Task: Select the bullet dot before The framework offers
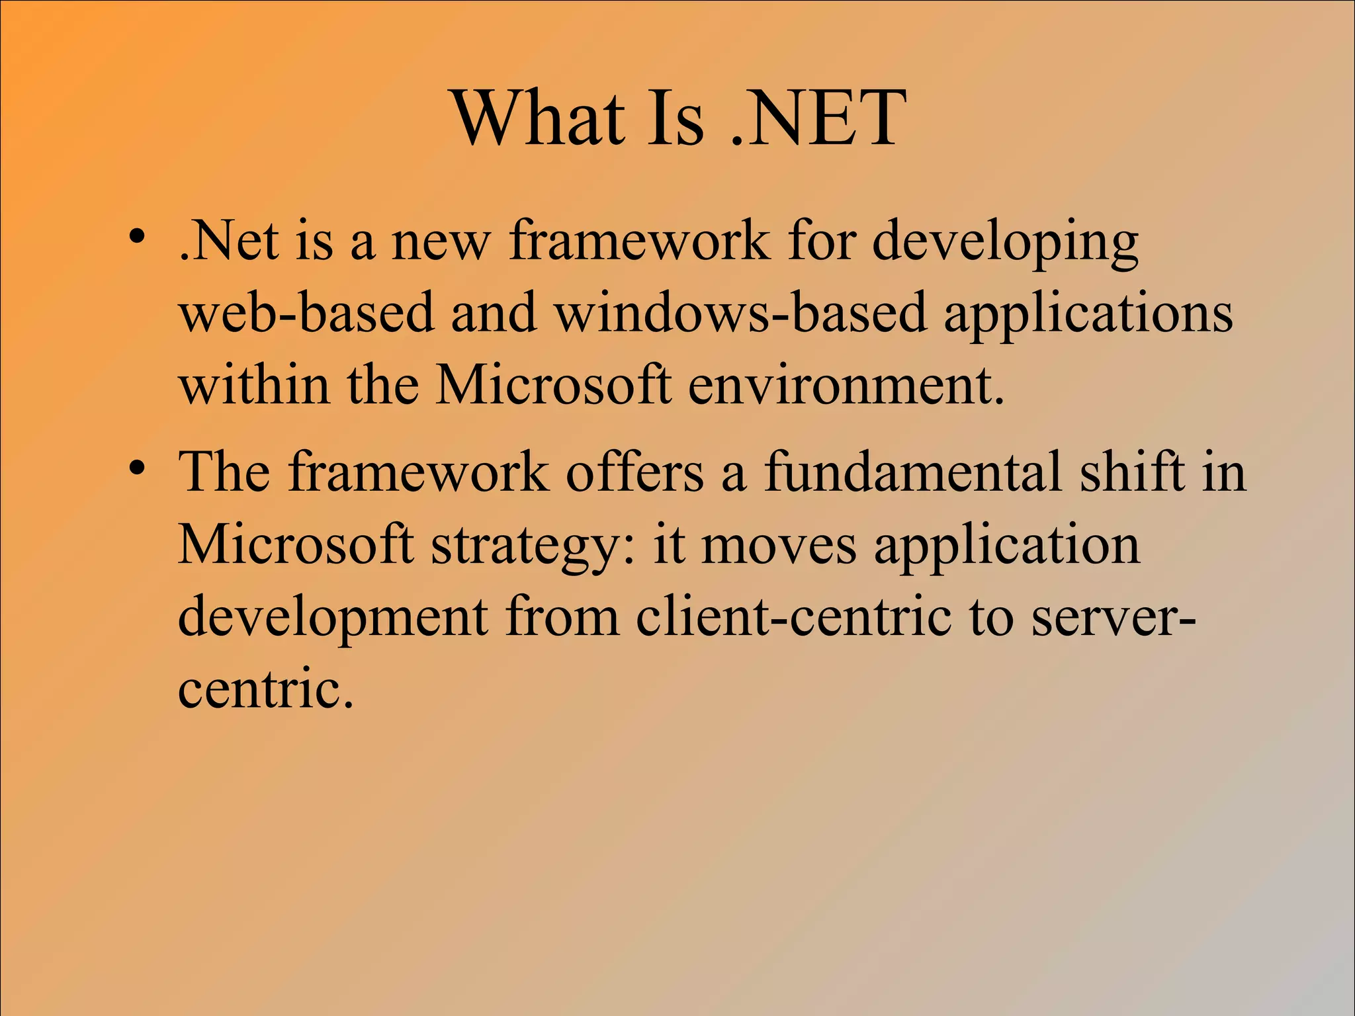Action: tap(137, 468)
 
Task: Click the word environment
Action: tap(846, 385)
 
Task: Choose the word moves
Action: tap(779, 546)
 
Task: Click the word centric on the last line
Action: tap(265, 690)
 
